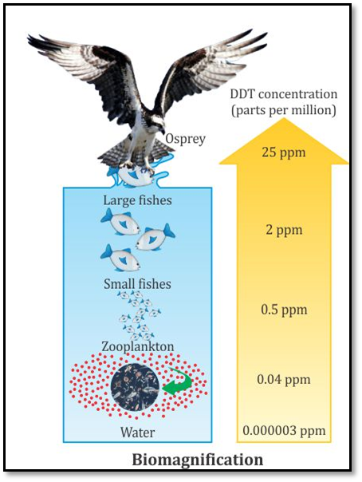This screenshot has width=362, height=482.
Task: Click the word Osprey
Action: [186, 140]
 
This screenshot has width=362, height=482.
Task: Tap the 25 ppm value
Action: [284, 152]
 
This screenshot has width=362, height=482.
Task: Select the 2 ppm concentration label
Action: [284, 231]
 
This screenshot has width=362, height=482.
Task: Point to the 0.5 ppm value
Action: [284, 310]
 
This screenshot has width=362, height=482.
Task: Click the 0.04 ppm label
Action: [284, 380]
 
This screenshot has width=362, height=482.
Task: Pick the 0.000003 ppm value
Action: [284, 430]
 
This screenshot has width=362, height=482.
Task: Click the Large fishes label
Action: [138, 200]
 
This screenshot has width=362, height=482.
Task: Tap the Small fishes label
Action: [137, 284]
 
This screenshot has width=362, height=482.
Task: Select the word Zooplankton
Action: [138, 347]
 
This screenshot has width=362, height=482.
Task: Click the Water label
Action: [138, 433]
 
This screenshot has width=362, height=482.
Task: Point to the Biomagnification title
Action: [198, 460]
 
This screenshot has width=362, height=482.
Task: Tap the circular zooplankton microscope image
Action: [135, 386]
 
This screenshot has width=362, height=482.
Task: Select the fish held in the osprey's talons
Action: [136, 176]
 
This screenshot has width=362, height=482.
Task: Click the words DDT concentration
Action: [284, 94]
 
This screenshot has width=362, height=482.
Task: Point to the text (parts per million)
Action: [284, 111]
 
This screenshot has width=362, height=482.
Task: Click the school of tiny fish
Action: [139, 315]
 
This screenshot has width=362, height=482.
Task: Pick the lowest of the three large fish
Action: [120, 259]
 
